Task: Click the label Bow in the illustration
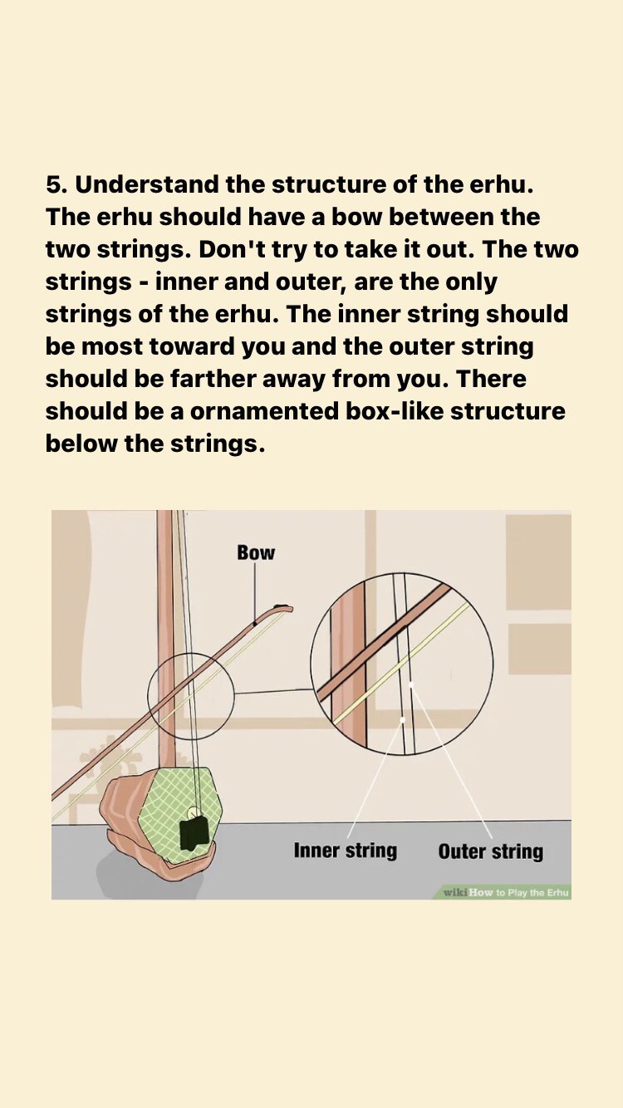pos(256,552)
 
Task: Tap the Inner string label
pos(346,851)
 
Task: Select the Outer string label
pos(490,851)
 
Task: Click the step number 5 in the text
pos(55,184)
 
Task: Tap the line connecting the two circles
pos(274,691)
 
